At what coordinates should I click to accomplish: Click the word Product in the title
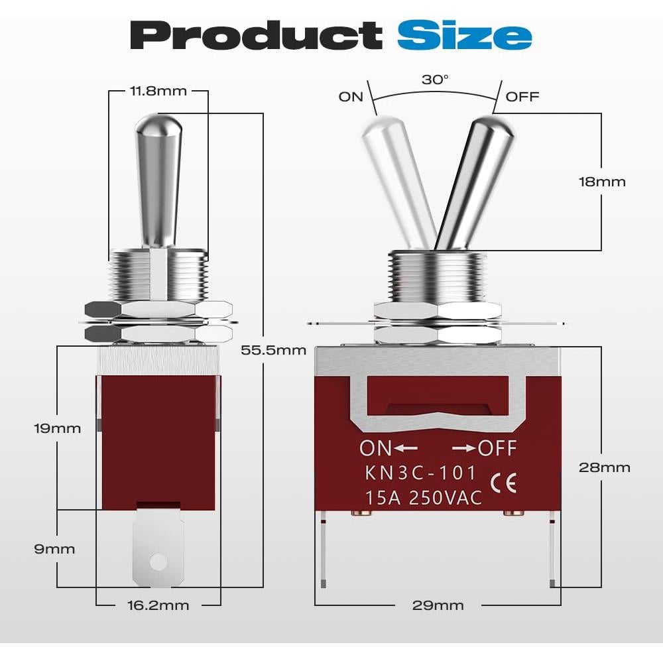point(256,35)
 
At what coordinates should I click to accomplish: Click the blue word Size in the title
point(464,35)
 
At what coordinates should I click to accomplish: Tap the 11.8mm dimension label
point(158,91)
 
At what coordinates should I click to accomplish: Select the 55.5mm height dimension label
point(274,350)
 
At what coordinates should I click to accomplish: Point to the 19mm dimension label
point(58,428)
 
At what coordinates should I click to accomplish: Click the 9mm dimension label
point(54,549)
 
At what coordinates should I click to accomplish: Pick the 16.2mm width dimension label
point(158,605)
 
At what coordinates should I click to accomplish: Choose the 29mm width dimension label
point(438,605)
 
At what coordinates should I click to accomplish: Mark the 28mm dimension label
point(604,467)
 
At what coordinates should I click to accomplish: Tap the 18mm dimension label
point(602,182)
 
